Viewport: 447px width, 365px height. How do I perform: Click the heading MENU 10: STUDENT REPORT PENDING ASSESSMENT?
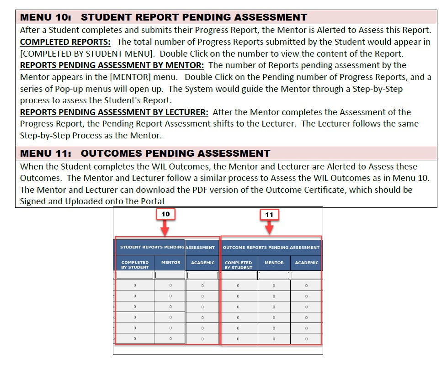click(164, 17)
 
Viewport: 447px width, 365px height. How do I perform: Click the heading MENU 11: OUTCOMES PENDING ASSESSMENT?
click(145, 153)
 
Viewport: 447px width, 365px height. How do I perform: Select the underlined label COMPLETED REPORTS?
click(65, 42)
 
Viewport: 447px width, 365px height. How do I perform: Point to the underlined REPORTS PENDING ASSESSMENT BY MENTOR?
click(112, 65)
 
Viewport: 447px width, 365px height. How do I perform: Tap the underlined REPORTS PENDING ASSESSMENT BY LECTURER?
click(114, 112)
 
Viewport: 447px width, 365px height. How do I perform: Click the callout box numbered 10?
click(165, 214)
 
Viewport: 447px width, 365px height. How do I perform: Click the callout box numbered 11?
click(269, 214)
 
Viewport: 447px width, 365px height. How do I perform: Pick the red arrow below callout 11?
click(269, 227)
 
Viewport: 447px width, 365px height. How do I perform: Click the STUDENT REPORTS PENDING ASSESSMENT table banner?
click(167, 247)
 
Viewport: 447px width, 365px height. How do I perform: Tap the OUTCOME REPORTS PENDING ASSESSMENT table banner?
click(271, 248)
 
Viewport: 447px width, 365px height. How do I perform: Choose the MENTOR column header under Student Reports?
click(170, 263)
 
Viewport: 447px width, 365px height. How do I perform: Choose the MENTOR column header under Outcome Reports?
click(274, 263)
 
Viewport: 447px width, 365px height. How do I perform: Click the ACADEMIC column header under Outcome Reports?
click(306, 263)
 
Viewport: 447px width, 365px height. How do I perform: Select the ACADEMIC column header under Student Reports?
click(202, 263)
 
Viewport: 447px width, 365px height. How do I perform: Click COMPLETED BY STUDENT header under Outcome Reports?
click(238, 265)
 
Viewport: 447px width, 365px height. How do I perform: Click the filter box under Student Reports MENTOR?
click(170, 275)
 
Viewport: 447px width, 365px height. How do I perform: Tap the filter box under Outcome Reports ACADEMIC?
click(306, 275)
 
